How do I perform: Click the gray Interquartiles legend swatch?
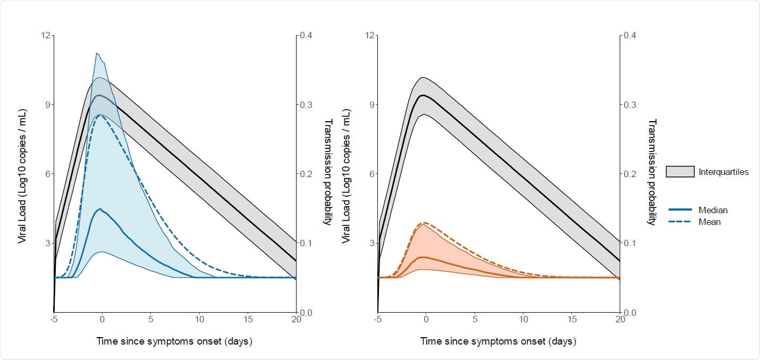680,171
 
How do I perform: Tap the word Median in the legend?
713,210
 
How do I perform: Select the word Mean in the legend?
710,222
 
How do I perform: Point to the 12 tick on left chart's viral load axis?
46,36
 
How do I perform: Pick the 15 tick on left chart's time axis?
248,319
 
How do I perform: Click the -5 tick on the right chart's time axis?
377,319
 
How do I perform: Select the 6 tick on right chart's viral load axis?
371,174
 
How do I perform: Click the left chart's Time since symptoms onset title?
174,341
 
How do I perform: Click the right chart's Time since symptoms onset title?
498,341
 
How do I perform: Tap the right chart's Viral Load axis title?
346,175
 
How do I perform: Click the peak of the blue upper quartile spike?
96,53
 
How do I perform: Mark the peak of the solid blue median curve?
100,209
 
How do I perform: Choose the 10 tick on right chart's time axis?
523,319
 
